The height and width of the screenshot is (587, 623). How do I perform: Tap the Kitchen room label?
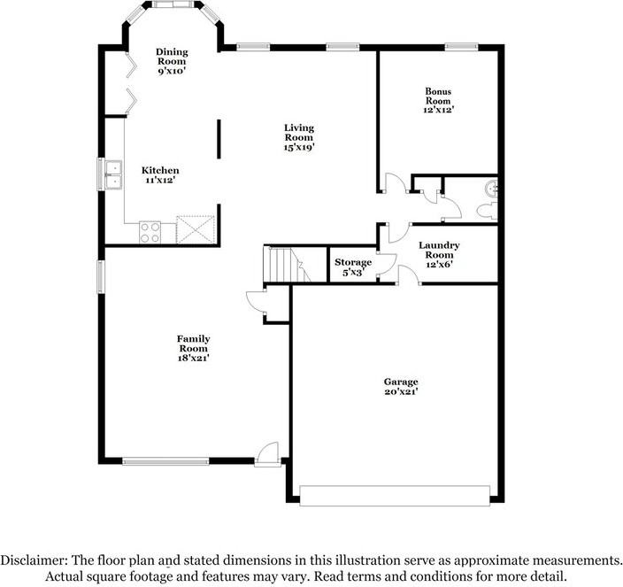point(160,175)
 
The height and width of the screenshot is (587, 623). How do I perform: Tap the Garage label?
point(401,382)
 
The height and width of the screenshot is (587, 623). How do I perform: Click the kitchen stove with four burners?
point(150,231)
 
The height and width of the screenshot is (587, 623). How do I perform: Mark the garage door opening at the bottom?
point(396,496)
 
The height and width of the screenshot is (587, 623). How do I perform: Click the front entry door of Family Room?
point(266,452)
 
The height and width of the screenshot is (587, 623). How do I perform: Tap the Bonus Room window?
point(457,46)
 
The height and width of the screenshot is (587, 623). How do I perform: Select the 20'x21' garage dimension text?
point(401,390)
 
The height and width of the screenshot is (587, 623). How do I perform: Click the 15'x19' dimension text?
point(299,147)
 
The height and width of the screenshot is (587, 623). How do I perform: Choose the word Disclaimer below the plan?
point(33,560)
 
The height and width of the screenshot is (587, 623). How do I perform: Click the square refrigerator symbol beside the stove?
point(194,229)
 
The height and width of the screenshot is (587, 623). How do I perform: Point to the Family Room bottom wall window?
point(165,460)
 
